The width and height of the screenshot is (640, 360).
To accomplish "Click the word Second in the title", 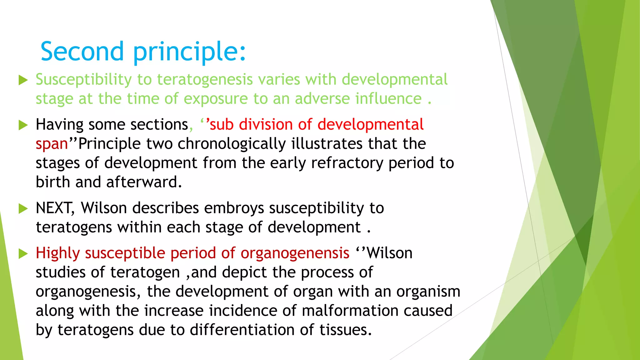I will (x=82, y=51).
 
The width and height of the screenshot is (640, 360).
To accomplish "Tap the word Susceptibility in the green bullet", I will (x=84, y=80).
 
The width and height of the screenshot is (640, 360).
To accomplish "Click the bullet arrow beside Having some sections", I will (x=23, y=125).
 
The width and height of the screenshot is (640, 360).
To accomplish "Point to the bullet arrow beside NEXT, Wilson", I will (x=23, y=208).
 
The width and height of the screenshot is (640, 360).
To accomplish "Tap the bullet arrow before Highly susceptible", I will (x=23, y=253).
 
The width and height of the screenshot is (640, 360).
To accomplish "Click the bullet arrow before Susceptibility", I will (x=23, y=80).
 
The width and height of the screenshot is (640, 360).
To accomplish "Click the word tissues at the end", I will (x=345, y=330).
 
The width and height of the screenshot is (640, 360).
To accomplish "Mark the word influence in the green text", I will (x=388, y=99).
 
